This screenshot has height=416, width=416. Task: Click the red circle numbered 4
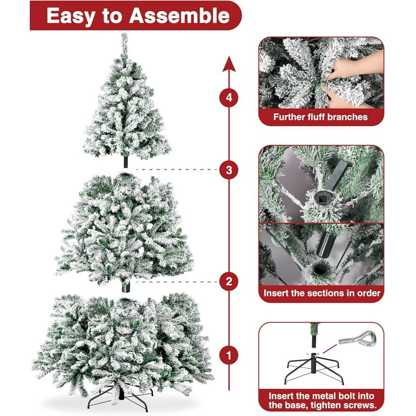(229, 97)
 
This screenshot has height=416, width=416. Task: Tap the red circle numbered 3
(229, 170)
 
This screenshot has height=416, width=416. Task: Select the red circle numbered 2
(229, 282)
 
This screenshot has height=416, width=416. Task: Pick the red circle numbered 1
(229, 355)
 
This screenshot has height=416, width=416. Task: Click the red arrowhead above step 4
(229, 64)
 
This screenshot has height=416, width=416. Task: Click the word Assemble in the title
(179, 16)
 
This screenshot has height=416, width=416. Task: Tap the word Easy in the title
(71, 16)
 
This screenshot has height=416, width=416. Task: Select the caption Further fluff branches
(321, 117)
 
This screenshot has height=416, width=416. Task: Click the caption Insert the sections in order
(322, 293)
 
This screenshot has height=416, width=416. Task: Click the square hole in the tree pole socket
(321, 197)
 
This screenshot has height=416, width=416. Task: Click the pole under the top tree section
(126, 162)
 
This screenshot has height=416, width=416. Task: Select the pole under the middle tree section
(126, 287)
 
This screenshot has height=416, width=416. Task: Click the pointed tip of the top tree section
(125, 34)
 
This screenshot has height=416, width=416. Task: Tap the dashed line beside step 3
(177, 169)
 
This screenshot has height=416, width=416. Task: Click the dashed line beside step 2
(177, 282)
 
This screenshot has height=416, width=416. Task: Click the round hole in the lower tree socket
(319, 269)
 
